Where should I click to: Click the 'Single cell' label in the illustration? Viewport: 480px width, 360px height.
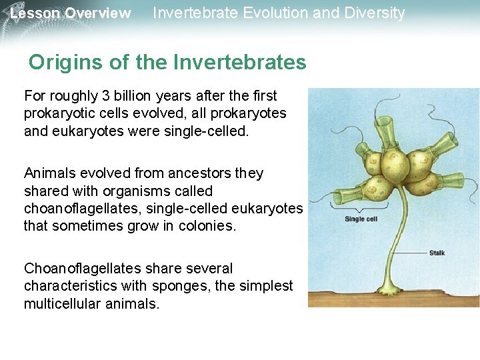click(x=361, y=219)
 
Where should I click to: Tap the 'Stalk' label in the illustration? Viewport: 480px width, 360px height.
click(x=437, y=253)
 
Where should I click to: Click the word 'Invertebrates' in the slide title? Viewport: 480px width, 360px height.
click(x=239, y=63)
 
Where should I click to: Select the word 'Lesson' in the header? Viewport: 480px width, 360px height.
click(x=35, y=13)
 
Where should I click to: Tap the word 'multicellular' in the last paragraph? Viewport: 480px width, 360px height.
click(x=62, y=303)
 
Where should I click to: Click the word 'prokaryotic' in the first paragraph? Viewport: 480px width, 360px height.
click(x=58, y=113)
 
